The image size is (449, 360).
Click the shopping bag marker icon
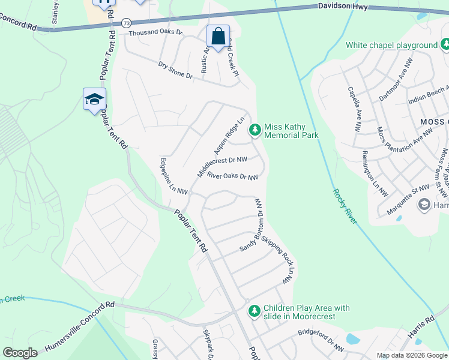coord(218,37)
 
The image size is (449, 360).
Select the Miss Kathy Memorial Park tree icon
coord(255,128)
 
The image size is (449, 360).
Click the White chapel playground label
coord(391,45)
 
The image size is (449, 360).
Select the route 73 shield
coord(125,23)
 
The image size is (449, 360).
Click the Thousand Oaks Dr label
coord(155,32)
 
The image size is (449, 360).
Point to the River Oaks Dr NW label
coord(232,176)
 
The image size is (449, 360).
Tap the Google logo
coord(20,353)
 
